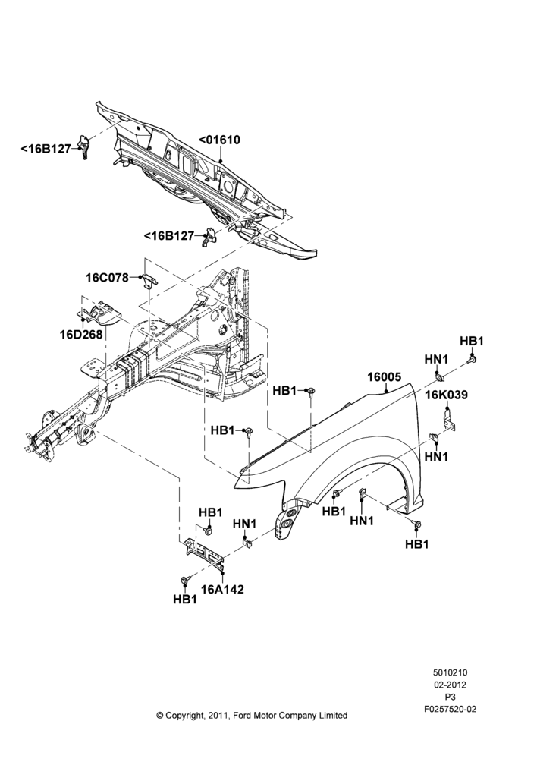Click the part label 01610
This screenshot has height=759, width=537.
coord(220,140)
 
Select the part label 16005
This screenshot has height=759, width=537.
coord(384,376)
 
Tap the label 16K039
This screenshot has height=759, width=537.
coord(447,395)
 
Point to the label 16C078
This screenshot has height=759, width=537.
coord(108,278)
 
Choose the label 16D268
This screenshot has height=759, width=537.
coord(81,335)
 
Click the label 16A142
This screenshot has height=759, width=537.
coord(222,589)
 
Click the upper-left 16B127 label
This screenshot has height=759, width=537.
coord(46,148)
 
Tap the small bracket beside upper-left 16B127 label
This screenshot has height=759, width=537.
coord(84,146)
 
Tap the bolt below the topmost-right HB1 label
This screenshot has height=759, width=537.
coord(473,359)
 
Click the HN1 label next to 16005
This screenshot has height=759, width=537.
coord(436,359)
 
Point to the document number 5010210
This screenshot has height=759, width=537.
coord(450,672)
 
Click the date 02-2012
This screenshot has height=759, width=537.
coord(450,685)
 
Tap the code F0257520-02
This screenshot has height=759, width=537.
coord(450,709)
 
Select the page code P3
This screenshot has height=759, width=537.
coord(450,697)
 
